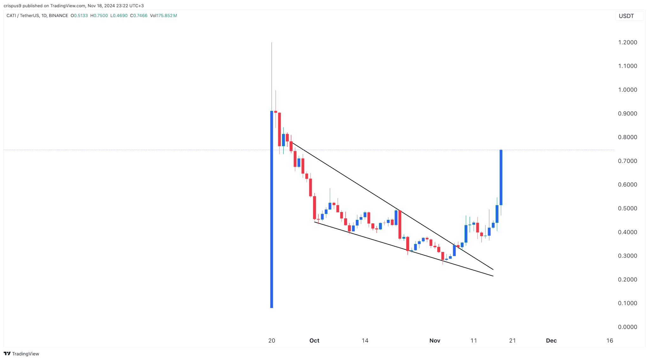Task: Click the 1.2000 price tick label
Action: coord(627,42)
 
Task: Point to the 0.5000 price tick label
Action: coord(627,209)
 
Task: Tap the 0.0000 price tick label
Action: coord(627,327)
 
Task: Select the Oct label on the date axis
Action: coord(314,341)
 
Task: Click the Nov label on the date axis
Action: coord(435,341)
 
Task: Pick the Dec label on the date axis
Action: coord(551,341)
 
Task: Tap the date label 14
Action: coord(365,341)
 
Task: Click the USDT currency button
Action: coord(627,16)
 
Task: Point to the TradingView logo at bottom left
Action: coord(21,354)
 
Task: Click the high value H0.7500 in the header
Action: coord(99,16)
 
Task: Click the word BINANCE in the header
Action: coord(59,16)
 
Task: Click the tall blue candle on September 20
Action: coord(272,209)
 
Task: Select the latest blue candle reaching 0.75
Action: coord(501,177)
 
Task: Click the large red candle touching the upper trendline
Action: coord(400,224)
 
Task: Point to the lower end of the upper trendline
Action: coord(493,269)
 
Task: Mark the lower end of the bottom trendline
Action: coord(493,276)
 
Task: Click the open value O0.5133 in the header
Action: coord(79,16)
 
